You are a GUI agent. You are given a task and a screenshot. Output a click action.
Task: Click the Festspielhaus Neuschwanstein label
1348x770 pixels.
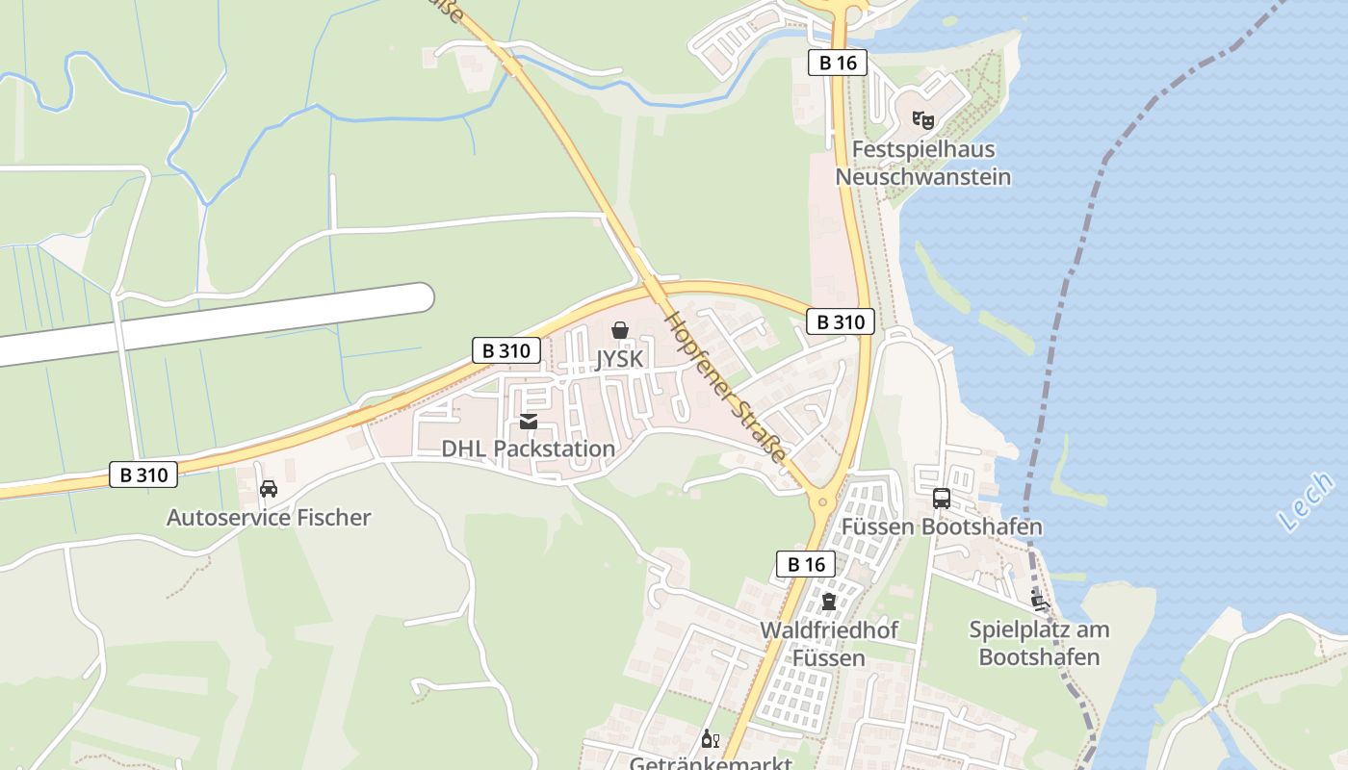click(922, 164)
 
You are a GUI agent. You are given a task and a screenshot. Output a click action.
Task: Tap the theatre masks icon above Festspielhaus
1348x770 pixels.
click(923, 120)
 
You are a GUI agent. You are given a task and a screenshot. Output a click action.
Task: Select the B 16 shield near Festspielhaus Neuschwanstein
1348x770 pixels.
click(837, 64)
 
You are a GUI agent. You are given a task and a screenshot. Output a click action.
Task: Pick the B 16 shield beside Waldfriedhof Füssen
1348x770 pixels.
click(806, 564)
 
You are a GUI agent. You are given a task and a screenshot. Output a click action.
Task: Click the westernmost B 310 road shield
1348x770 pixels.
click(143, 475)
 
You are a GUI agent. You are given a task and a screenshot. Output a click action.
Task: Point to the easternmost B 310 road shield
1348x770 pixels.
click(840, 321)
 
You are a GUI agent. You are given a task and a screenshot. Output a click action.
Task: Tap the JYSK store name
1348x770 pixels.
click(619, 358)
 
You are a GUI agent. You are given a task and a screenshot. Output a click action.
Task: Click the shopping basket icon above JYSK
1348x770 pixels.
click(620, 331)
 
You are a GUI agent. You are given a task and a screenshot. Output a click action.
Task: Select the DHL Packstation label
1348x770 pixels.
click(528, 449)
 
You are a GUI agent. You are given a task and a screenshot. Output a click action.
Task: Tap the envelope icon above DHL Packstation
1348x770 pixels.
click(528, 422)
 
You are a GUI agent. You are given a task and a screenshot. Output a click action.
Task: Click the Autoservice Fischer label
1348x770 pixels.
click(269, 518)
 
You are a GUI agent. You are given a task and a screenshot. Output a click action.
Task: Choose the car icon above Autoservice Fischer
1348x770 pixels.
click(269, 489)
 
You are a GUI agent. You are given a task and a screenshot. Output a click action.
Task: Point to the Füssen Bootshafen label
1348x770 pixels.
click(942, 527)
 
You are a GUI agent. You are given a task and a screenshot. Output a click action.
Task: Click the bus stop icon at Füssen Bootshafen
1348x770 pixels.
click(942, 499)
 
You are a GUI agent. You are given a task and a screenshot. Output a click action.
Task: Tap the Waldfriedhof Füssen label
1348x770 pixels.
click(829, 645)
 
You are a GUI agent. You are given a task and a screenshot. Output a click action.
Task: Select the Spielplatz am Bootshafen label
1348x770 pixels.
click(1039, 644)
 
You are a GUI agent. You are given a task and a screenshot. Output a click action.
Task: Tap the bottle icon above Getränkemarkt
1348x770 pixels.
click(711, 739)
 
